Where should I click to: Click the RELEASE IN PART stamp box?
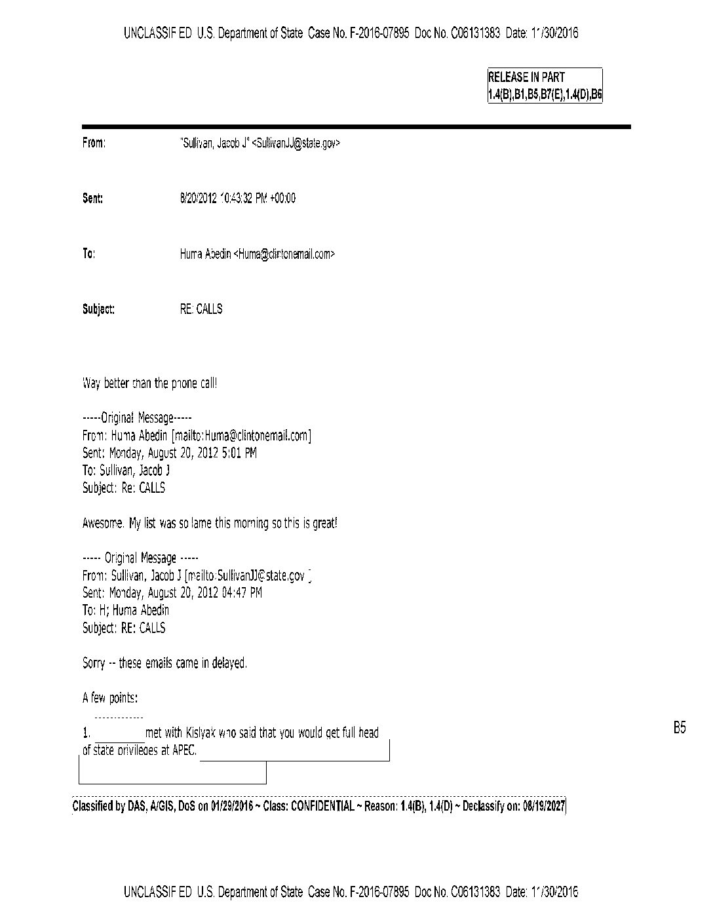click(x=544, y=86)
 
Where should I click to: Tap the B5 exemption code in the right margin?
click(x=679, y=727)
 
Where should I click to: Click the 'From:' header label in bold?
click(x=94, y=143)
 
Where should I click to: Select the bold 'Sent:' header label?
click(x=92, y=199)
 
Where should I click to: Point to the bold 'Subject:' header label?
click(x=98, y=309)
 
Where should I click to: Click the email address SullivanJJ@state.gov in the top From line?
click(x=296, y=143)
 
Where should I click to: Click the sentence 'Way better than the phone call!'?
click(x=149, y=383)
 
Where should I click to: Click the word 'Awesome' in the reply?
click(x=102, y=524)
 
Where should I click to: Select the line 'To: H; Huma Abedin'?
click(x=126, y=610)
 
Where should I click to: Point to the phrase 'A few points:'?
click(x=110, y=698)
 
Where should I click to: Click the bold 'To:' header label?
click(x=88, y=254)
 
